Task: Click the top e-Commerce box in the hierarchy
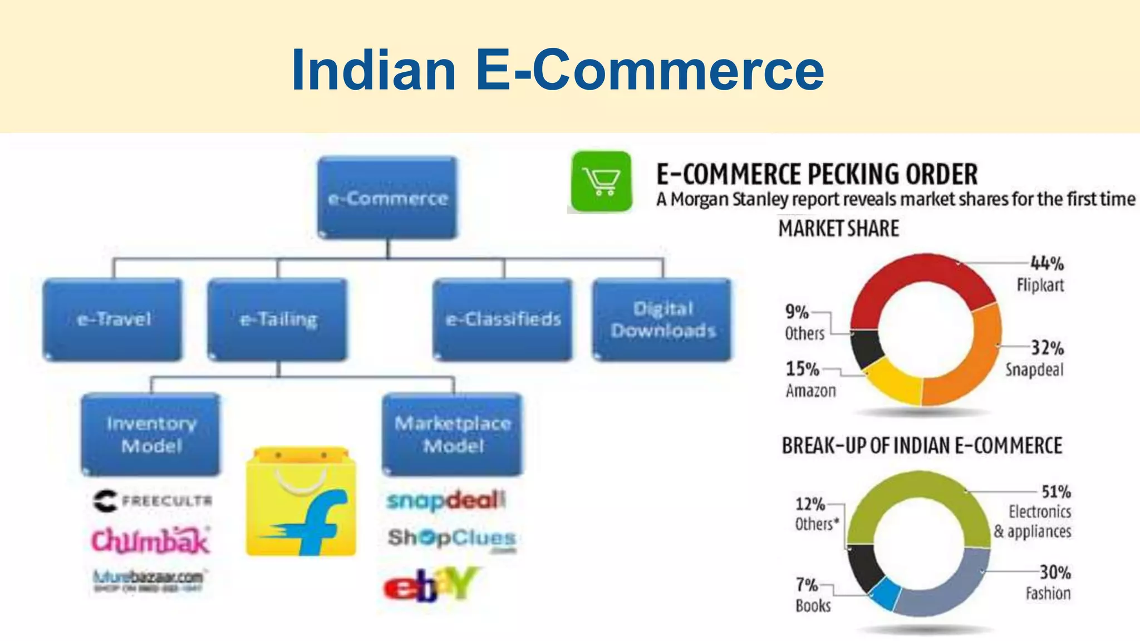coord(387,198)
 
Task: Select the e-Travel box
coord(113,319)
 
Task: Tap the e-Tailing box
coord(278,319)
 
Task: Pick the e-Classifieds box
coord(503,319)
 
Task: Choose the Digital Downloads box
coord(662,319)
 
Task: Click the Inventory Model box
coord(151,434)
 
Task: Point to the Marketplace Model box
coord(453,434)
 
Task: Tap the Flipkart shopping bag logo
coord(301,502)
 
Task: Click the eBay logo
coord(430,584)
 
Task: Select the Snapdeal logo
coord(446,500)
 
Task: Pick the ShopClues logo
coord(451,538)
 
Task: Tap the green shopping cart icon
coord(602,181)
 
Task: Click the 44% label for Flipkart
coord(1047,263)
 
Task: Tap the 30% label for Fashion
coord(1055,572)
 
